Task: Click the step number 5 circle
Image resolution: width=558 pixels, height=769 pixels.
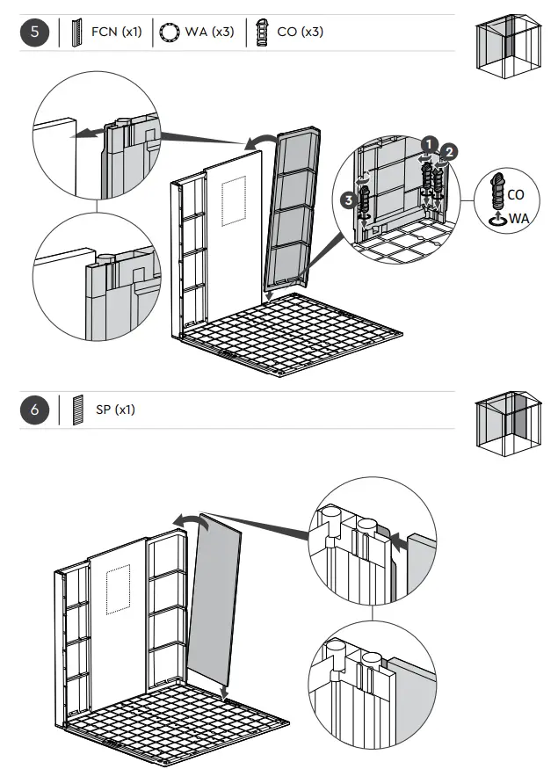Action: point(33,33)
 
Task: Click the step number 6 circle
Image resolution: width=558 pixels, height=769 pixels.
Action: point(33,410)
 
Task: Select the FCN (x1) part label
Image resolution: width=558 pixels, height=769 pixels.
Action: point(116,33)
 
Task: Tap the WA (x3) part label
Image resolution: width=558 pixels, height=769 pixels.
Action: point(209,33)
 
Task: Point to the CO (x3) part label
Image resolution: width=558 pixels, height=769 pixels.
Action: point(300,33)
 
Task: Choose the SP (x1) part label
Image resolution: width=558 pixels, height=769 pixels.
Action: point(116,410)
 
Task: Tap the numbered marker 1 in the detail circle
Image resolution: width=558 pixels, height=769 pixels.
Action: point(428,142)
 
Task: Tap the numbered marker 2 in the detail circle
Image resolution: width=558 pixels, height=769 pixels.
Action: point(448,151)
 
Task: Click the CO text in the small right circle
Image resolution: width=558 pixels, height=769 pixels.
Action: point(516,194)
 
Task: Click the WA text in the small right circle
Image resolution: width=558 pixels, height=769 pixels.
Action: point(518,216)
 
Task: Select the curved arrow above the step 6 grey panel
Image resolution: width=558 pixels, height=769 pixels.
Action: point(192,523)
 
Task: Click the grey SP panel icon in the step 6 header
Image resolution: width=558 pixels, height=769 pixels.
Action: point(77,410)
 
